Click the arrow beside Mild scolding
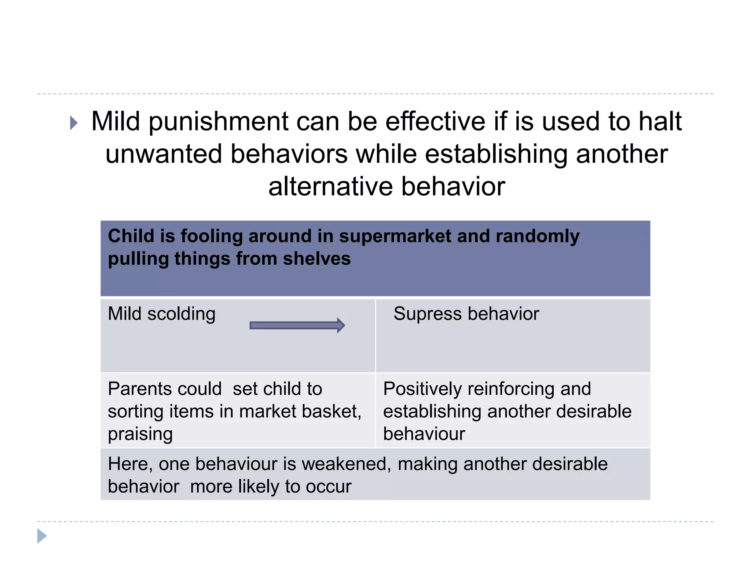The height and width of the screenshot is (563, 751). [297, 325]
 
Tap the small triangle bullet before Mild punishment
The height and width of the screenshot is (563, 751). [74, 123]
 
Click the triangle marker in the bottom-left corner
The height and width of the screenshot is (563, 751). [42, 536]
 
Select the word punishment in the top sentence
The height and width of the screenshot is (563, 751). [218, 122]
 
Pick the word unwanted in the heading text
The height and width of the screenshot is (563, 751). [164, 154]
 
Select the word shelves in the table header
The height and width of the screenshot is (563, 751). [317, 259]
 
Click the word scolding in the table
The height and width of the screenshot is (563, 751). [181, 314]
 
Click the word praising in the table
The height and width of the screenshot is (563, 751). [140, 434]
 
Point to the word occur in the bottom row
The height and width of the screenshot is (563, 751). [329, 487]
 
